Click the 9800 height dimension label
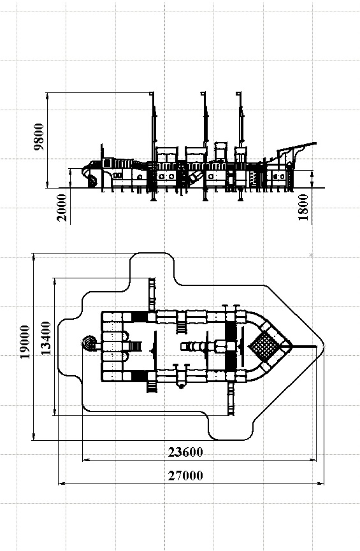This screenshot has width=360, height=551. point(39,137)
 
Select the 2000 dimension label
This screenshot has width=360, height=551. point(62,207)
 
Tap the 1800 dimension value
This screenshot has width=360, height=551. point(303,207)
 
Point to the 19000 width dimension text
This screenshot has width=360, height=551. point(25,342)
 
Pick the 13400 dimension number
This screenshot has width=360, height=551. point(46,338)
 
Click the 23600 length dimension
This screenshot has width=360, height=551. point(185,452)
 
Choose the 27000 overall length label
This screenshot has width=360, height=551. point(185,475)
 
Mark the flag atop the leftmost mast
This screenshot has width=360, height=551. point(152,94)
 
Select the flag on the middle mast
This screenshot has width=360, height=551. point(203,94)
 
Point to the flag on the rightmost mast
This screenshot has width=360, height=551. point(238,94)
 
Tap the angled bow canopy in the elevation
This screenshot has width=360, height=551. point(297,150)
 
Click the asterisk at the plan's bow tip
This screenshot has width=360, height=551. point(324,347)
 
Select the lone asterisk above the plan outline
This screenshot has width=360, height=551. point(311,255)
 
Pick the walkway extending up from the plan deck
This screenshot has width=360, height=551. point(152,294)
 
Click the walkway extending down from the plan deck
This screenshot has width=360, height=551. point(231,399)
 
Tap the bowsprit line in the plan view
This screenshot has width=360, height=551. point(304,347)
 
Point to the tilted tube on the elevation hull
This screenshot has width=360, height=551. point(194,176)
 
